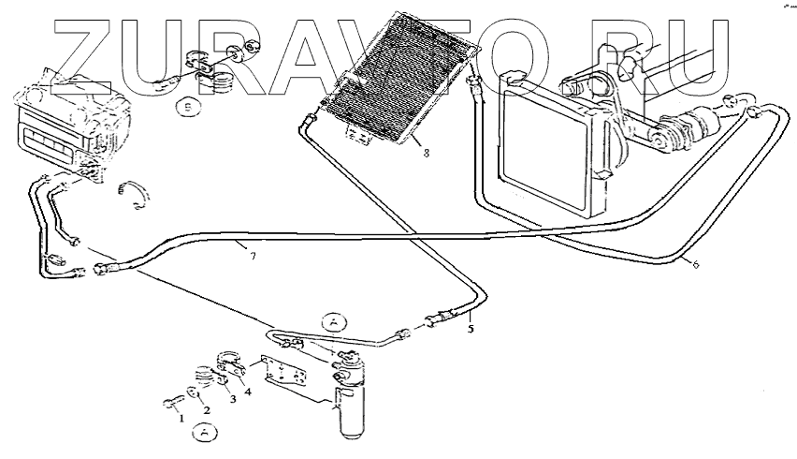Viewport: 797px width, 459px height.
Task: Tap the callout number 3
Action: point(234,399)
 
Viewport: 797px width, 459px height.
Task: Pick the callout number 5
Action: point(471,329)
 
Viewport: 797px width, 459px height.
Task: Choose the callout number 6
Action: point(696,264)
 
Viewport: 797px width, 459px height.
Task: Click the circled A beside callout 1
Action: point(205,432)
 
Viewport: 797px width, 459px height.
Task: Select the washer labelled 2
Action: point(194,393)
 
